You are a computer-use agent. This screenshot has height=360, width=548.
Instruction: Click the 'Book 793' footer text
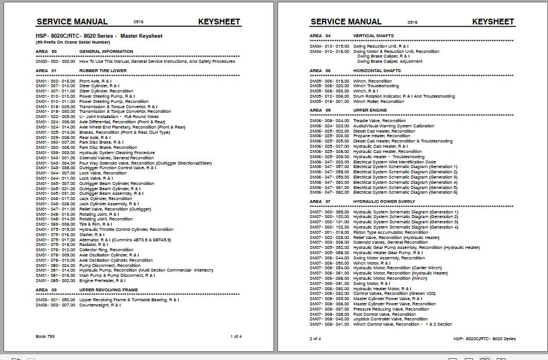pos(45,336)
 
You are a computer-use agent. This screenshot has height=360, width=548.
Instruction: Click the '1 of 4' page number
pos(236,336)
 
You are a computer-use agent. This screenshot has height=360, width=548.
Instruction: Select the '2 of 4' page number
pos(315,338)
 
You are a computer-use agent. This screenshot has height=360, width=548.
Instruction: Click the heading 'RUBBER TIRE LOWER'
pos(103,71)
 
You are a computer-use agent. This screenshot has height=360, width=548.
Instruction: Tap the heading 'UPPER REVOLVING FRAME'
pos(108,289)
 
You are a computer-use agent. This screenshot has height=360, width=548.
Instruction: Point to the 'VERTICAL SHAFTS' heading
pos(373,36)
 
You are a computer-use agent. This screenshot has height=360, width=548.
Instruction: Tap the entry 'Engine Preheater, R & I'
pos(102,281)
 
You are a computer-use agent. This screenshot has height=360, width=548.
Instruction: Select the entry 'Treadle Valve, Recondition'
pos(379,120)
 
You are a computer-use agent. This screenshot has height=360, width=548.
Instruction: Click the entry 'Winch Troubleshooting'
pos(376,86)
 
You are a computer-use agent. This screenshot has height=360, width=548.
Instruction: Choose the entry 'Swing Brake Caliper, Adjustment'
pos(390,61)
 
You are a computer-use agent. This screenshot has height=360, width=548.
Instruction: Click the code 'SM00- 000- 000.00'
pos(55,61)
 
